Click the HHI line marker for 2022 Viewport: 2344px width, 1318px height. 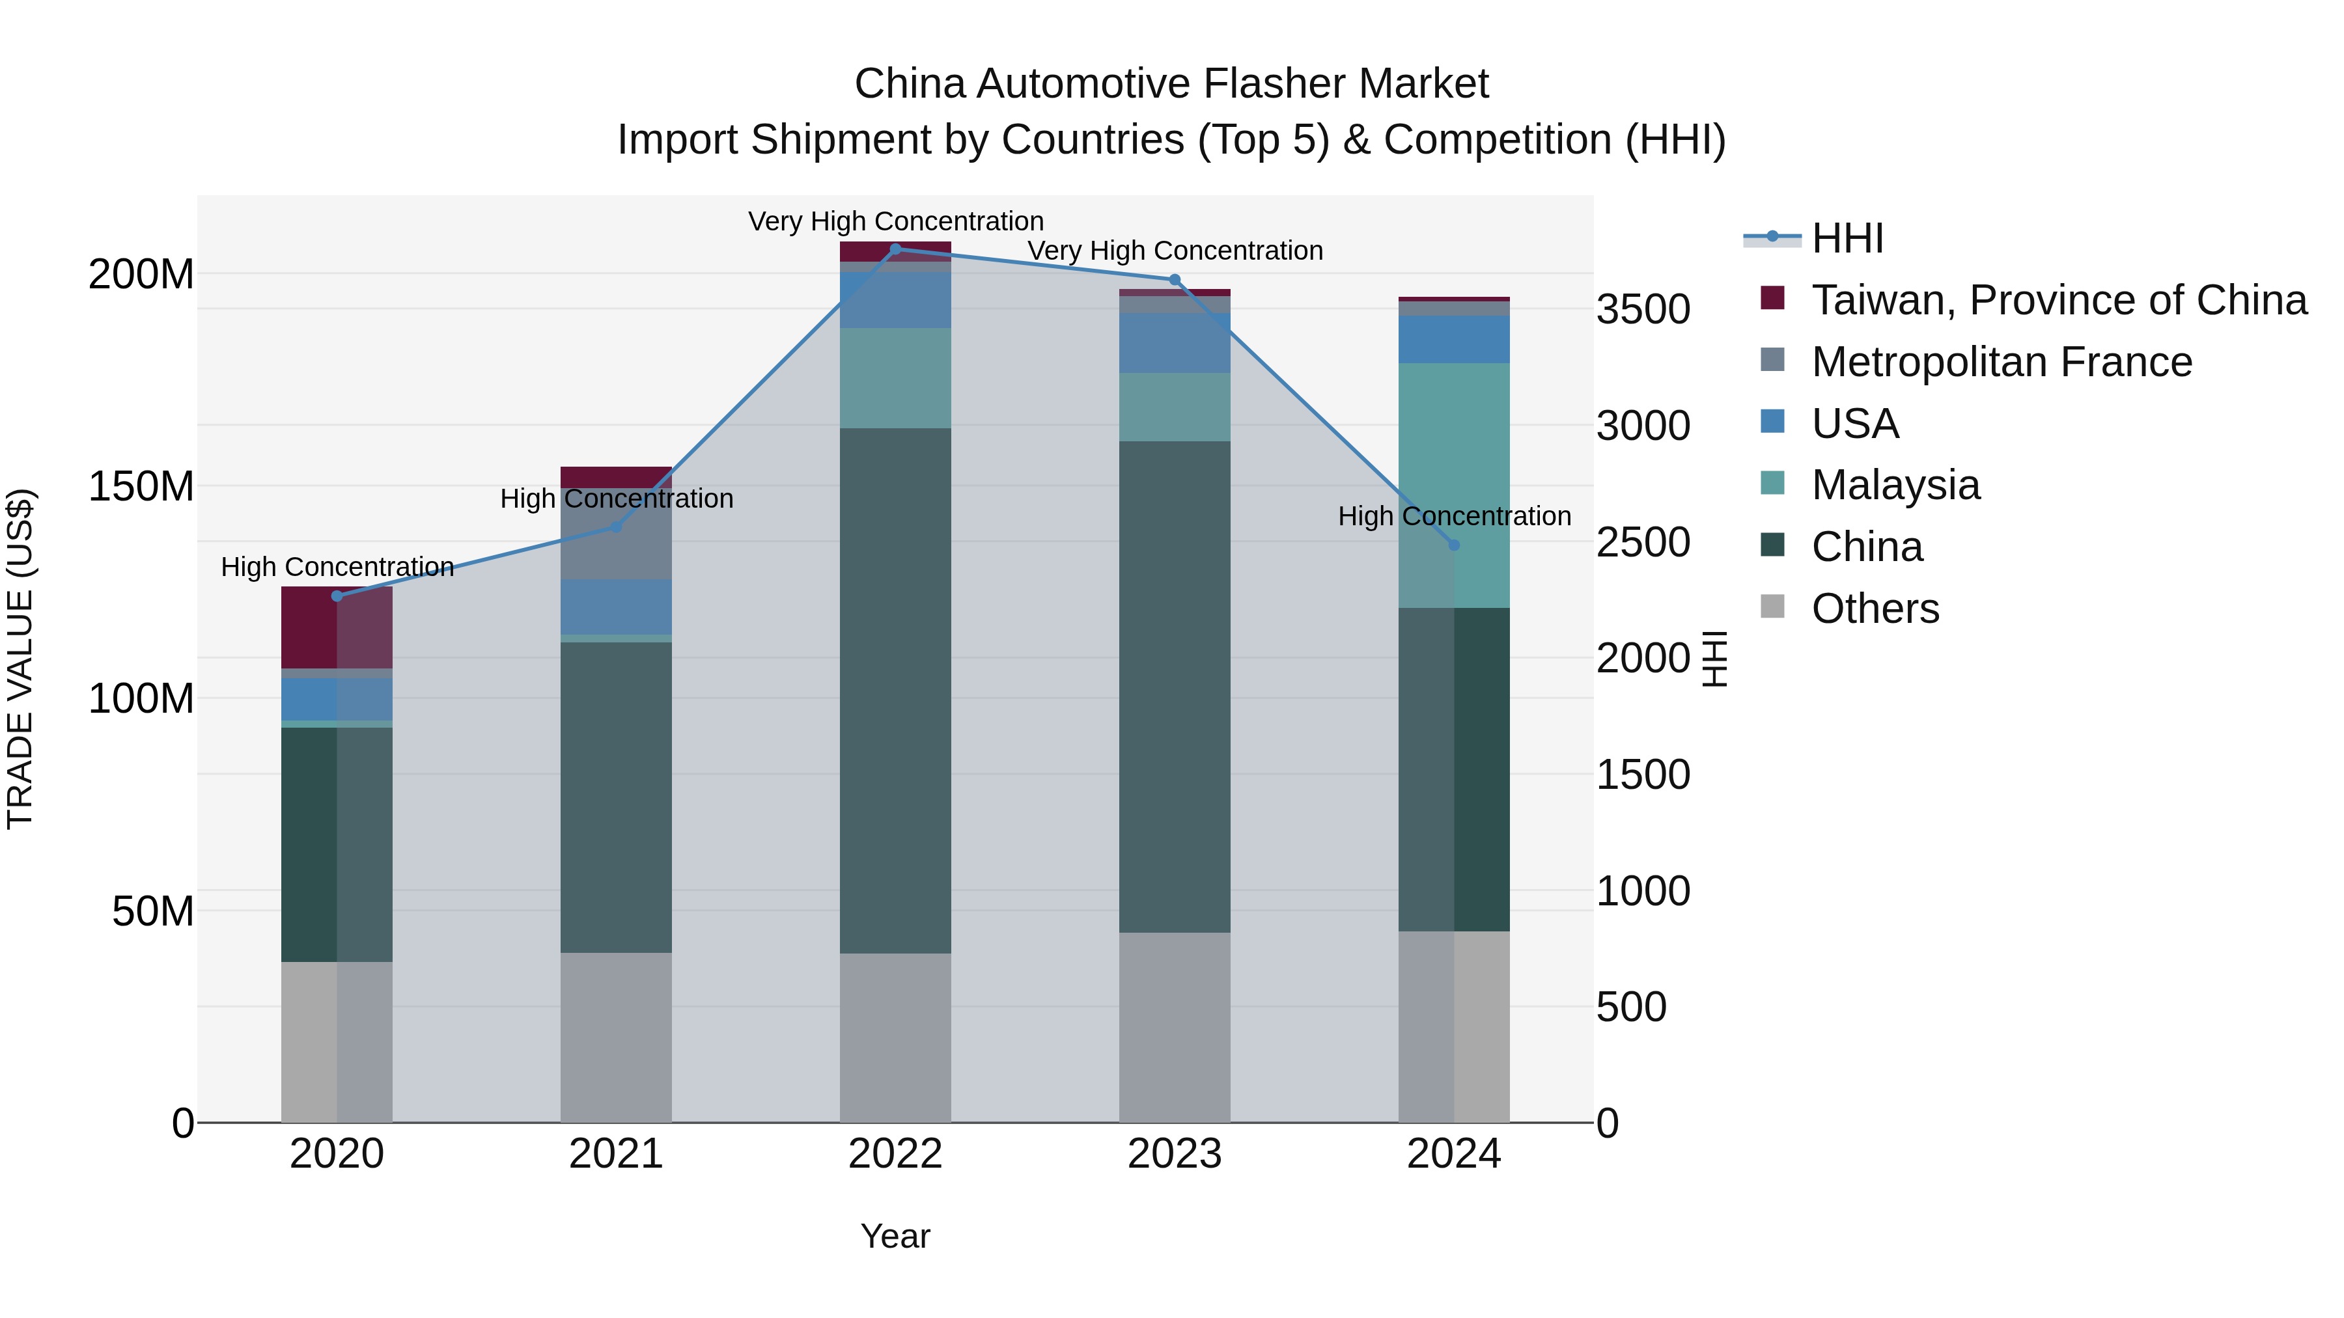(x=895, y=249)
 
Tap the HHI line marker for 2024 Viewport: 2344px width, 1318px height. (x=1453, y=545)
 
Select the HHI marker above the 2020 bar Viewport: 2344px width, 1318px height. (x=337, y=596)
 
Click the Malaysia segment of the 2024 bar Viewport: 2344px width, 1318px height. (x=1453, y=485)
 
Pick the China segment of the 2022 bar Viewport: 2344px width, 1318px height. (x=895, y=691)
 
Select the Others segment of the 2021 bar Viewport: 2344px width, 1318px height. (x=616, y=1037)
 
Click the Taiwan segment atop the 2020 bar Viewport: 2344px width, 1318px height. (x=337, y=627)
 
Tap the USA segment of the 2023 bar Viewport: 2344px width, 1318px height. (x=1174, y=343)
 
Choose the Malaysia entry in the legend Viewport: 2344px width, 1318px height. (x=1895, y=485)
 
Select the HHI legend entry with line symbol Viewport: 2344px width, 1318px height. (x=1847, y=238)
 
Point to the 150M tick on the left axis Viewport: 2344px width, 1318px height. (x=141, y=487)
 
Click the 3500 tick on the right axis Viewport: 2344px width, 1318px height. (x=1643, y=309)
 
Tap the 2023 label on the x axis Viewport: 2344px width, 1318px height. (x=1174, y=1154)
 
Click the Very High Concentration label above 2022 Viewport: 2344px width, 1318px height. (x=895, y=221)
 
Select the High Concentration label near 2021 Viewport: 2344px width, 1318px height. (x=616, y=499)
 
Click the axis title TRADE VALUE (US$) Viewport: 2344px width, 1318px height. (x=20, y=659)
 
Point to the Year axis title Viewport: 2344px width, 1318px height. (x=895, y=1236)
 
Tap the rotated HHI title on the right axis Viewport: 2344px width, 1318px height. (x=1714, y=659)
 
